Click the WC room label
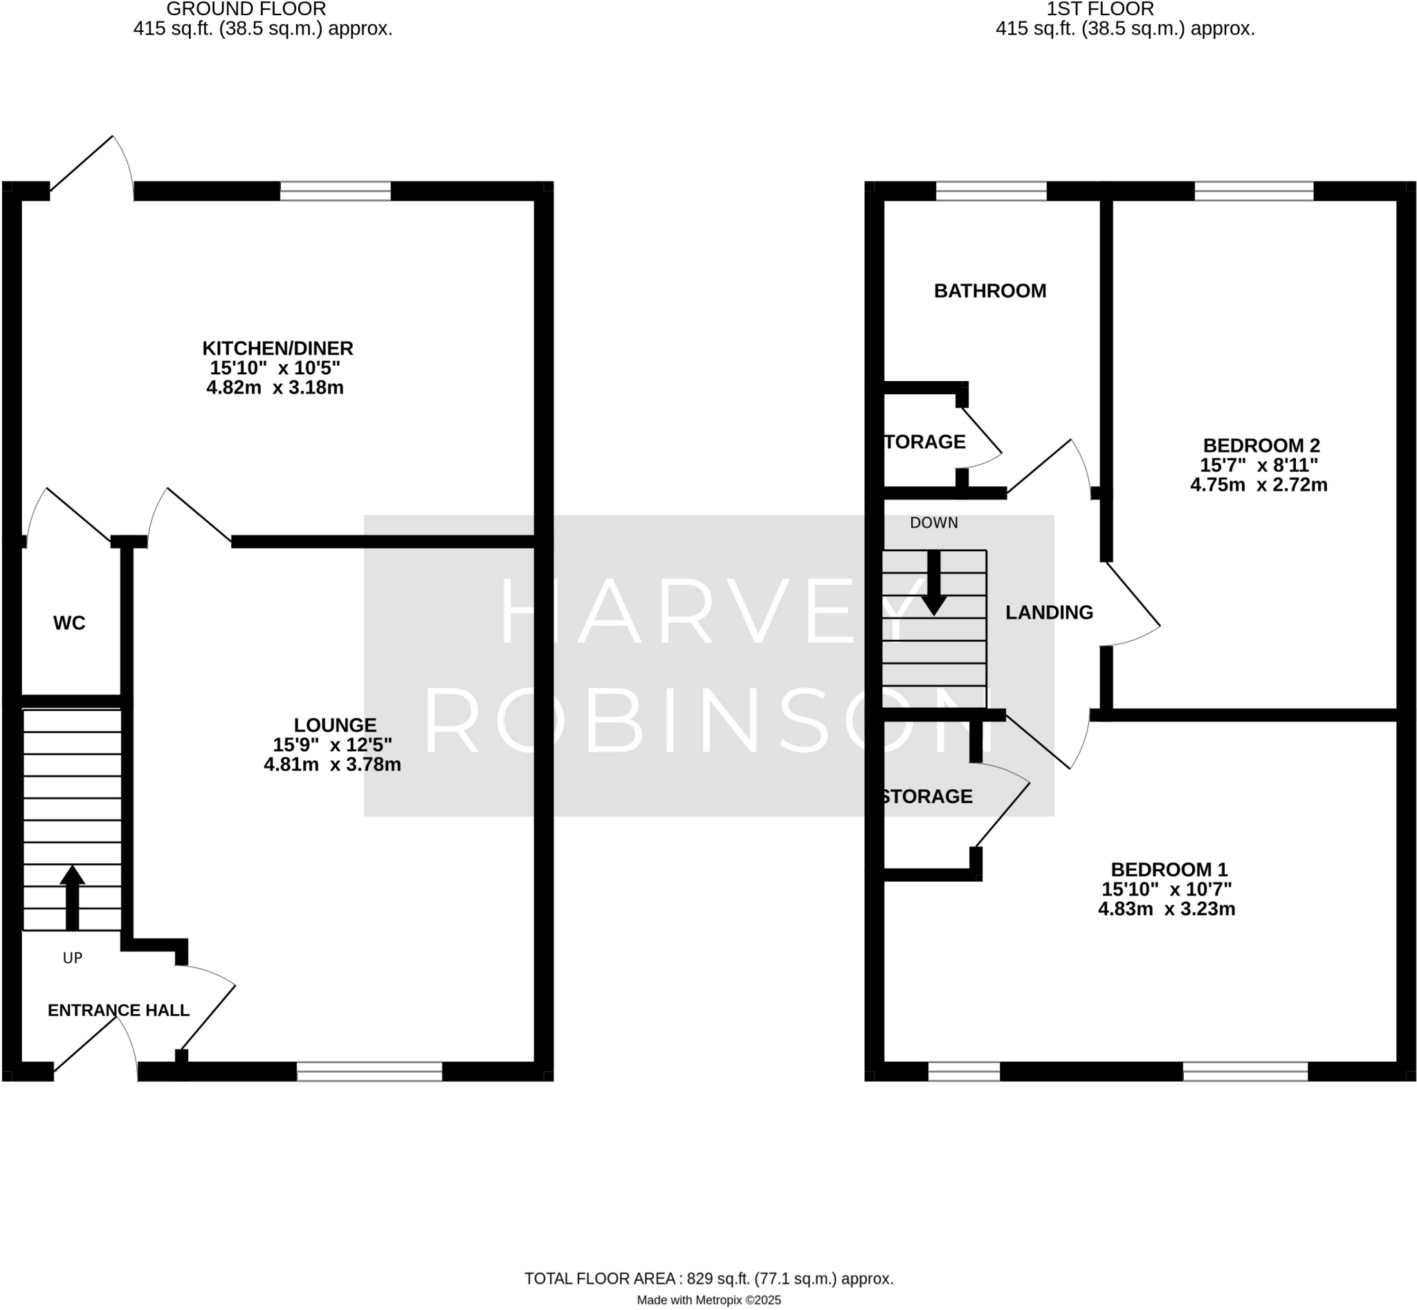(x=68, y=623)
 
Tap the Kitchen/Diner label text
(x=277, y=348)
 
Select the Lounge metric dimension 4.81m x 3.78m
(x=332, y=765)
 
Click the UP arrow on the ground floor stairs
(x=73, y=896)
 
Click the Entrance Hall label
(x=118, y=1010)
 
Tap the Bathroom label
(x=989, y=290)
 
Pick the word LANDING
(x=1049, y=613)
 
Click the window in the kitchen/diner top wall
(x=335, y=192)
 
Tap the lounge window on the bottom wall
(x=369, y=1071)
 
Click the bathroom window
(x=991, y=192)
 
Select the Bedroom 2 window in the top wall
(x=1254, y=192)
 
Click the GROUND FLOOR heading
(x=246, y=9)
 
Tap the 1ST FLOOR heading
(x=1100, y=9)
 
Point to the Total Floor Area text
(x=708, y=1279)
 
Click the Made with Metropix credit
(x=708, y=1300)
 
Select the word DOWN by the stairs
(x=933, y=523)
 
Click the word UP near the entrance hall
(x=73, y=959)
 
